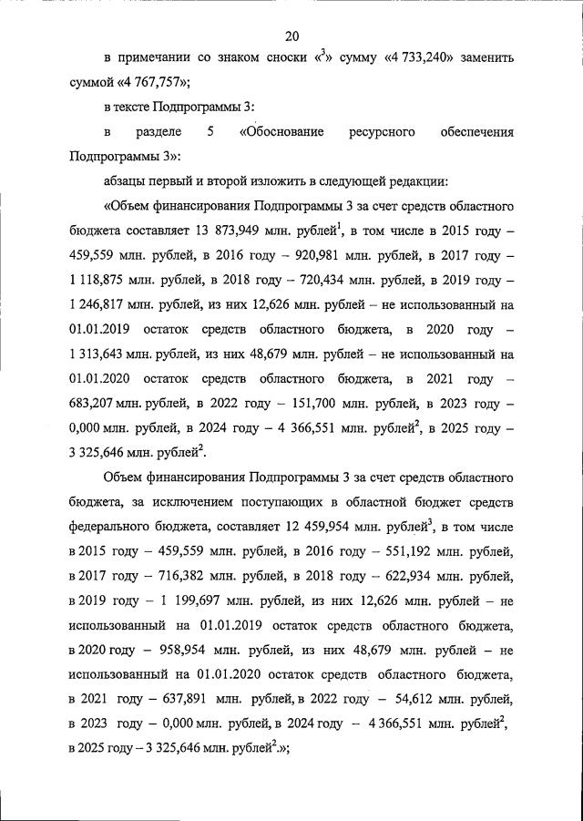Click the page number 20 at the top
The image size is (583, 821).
click(291, 36)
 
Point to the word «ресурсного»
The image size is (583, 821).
click(382, 132)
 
